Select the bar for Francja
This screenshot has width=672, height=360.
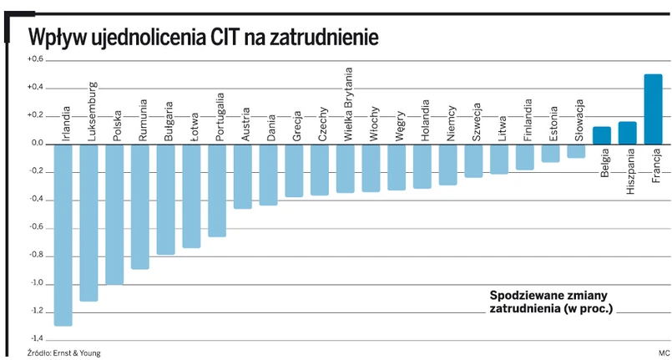pos(653,109)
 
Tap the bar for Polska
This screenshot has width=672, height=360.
pos(114,214)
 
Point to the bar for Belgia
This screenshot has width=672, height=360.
pos(601,135)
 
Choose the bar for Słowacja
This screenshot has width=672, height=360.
pos(576,150)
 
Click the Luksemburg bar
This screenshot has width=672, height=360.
pos(88,222)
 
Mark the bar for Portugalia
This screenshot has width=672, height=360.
pos(217,190)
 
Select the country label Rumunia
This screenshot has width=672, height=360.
pos(144,120)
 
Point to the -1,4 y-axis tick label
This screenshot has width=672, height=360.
pos(35,339)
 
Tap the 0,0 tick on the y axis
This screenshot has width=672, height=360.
pos(35,143)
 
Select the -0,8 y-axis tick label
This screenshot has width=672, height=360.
pos(35,255)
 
